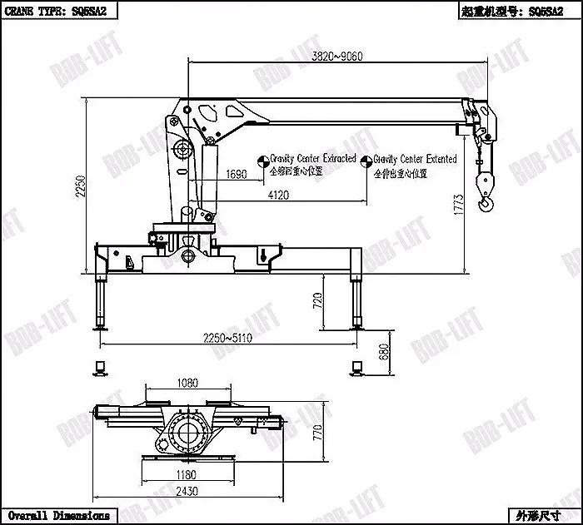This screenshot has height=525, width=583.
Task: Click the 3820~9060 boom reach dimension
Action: coord(336,57)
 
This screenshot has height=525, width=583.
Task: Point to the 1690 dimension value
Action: coord(237,174)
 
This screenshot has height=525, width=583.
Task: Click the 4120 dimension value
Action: coord(279,195)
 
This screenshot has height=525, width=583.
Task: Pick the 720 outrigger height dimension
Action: coord(317,301)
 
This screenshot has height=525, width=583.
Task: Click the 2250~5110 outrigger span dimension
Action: coord(229,338)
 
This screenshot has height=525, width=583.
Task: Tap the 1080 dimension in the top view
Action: coord(187,384)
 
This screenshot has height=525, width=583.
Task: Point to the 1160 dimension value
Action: coord(187,475)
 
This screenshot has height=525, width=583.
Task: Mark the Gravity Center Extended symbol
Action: coord(366,159)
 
